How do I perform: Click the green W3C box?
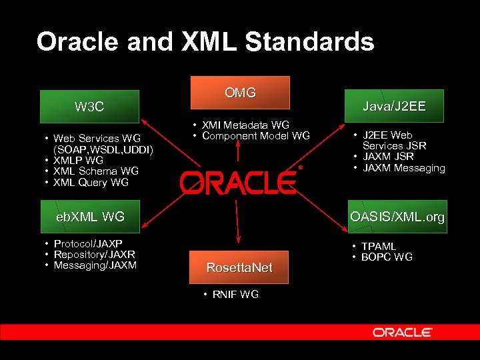tap(89, 107)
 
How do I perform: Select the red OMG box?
tap(240, 93)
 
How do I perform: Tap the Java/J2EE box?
tap(394, 106)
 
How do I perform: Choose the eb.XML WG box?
tap(89, 216)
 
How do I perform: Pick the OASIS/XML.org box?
tap(397, 217)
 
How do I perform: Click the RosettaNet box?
tap(239, 267)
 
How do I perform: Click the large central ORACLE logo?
tap(237, 181)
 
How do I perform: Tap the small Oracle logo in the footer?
tap(402, 332)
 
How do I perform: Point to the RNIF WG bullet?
tap(235, 294)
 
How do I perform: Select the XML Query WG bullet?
tap(91, 183)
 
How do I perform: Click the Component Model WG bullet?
tap(255, 136)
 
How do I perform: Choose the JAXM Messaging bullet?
tap(403, 168)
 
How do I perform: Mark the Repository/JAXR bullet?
tap(94, 255)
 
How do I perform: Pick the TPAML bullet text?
tap(379, 247)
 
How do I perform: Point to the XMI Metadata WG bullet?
tap(245, 125)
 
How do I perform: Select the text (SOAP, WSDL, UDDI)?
tap(103, 149)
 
